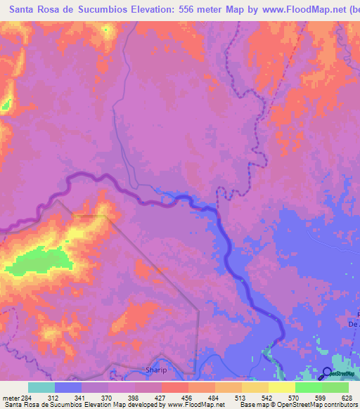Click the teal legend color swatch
[x=41, y=387]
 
